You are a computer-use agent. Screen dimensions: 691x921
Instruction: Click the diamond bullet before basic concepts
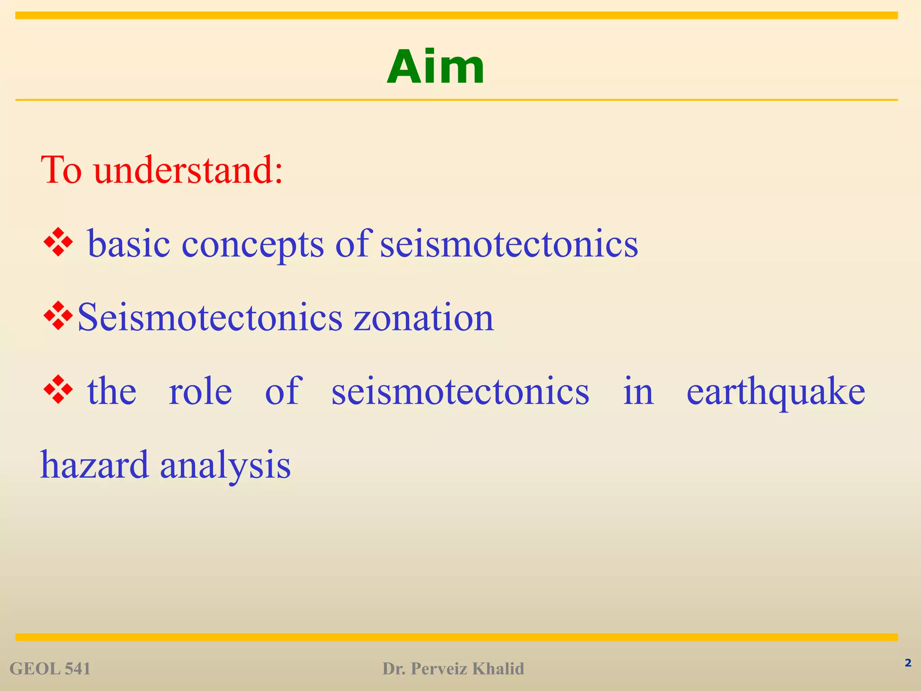58,243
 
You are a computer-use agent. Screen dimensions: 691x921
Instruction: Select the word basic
129,244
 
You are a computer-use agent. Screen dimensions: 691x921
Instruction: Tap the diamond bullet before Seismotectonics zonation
58,316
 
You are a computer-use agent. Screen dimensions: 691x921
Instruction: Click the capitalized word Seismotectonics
210,318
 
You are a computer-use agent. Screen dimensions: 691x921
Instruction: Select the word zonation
424,318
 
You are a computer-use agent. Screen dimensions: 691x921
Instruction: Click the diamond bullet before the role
58,390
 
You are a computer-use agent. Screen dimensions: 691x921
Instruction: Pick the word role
200,391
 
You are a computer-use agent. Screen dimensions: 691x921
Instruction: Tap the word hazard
94,465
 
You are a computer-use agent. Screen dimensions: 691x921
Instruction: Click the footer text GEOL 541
50,669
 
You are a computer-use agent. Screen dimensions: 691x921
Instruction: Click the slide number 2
908,663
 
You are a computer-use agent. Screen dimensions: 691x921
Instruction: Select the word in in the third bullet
638,391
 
